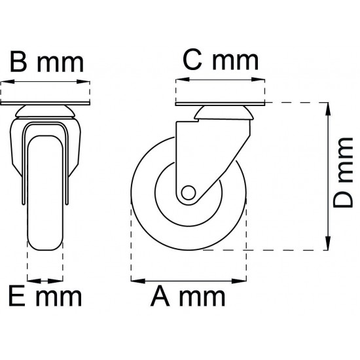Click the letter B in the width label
tap(18, 62)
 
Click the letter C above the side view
tap(192, 60)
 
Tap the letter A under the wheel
tap(160, 297)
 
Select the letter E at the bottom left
tap(17, 297)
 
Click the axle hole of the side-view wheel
tap(189, 192)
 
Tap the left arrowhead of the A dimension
tap(138, 281)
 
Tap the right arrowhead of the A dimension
tap(239, 281)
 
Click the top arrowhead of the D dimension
tap(328, 110)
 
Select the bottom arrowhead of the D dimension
tap(328, 243)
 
